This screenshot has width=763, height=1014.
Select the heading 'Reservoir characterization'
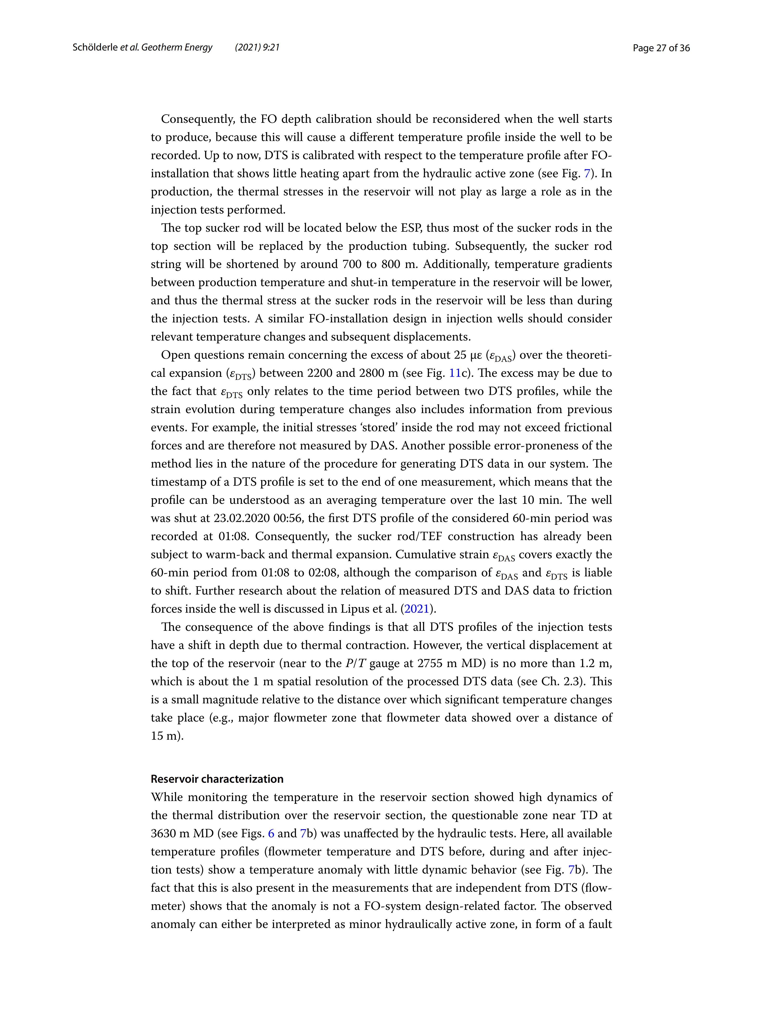(x=217, y=779)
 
